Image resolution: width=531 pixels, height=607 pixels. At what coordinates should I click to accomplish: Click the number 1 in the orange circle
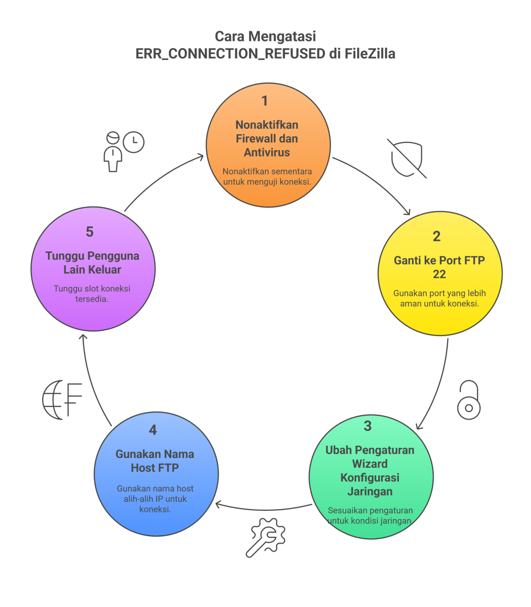[265, 101]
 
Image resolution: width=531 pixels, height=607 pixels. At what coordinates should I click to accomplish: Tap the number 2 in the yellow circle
[436, 236]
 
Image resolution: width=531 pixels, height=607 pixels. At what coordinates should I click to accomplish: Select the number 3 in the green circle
[367, 426]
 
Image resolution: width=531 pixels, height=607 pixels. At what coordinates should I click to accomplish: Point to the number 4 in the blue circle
[153, 430]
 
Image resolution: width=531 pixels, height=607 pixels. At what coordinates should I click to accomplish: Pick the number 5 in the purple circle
[90, 232]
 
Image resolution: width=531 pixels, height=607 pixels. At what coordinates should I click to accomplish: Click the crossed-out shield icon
[407, 158]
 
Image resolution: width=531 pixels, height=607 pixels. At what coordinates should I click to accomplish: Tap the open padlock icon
[469, 400]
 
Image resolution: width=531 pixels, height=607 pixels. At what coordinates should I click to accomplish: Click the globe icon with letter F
[62, 400]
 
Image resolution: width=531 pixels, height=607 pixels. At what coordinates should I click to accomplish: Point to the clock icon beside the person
[134, 142]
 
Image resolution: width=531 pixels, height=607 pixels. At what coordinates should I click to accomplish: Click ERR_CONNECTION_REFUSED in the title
[230, 54]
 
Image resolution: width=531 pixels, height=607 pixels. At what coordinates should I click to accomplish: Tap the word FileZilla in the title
[370, 54]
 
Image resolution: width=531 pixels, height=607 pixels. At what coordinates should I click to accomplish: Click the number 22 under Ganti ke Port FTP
[439, 274]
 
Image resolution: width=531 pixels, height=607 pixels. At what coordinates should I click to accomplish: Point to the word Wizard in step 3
[370, 464]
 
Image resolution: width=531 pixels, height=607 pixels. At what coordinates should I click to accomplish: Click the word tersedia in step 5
[92, 299]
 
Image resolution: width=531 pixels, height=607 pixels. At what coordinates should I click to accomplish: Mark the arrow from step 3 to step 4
[264, 509]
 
